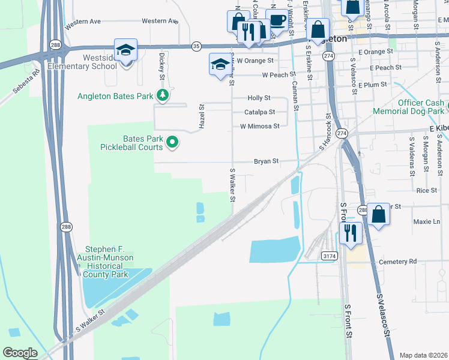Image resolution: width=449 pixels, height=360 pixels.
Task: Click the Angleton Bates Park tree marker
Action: [162, 95]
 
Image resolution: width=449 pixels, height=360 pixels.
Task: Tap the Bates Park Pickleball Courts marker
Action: [172, 142]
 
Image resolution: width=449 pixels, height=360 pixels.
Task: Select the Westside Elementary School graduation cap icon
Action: [126, 50]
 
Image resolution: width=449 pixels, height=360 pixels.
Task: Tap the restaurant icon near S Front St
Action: [351, 233]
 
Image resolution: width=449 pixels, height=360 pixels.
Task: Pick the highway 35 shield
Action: [196, 46]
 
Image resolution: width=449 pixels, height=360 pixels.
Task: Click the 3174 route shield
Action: [329, 256]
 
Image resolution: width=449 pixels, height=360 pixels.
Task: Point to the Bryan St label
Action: [267, 161]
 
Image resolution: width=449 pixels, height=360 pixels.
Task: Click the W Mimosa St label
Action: [259, 127]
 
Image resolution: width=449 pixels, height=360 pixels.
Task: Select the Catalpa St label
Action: [259, 112]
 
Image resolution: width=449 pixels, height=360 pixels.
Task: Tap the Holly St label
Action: [259, 98]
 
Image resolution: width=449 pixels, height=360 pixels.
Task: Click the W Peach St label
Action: [267, 75]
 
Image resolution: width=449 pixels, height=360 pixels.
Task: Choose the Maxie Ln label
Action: [427, 221]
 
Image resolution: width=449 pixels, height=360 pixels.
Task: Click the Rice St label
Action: [426, 190]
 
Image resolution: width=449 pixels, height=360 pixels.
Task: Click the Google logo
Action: [20, 353]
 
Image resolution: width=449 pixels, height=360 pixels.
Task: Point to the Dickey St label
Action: [161, 67]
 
